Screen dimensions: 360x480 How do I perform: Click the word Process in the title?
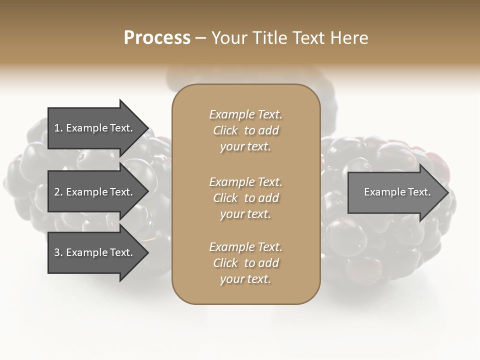157,38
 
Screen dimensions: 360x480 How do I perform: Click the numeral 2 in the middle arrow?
57,192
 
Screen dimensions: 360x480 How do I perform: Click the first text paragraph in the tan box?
245,130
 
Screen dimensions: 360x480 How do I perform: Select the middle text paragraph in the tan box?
245,198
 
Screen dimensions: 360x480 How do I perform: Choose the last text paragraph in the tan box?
245,263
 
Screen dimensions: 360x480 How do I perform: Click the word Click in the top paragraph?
225,130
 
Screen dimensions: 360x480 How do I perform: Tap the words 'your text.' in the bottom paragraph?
245,279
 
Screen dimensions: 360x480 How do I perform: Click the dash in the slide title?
200,38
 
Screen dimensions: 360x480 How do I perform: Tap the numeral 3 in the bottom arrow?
57,252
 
